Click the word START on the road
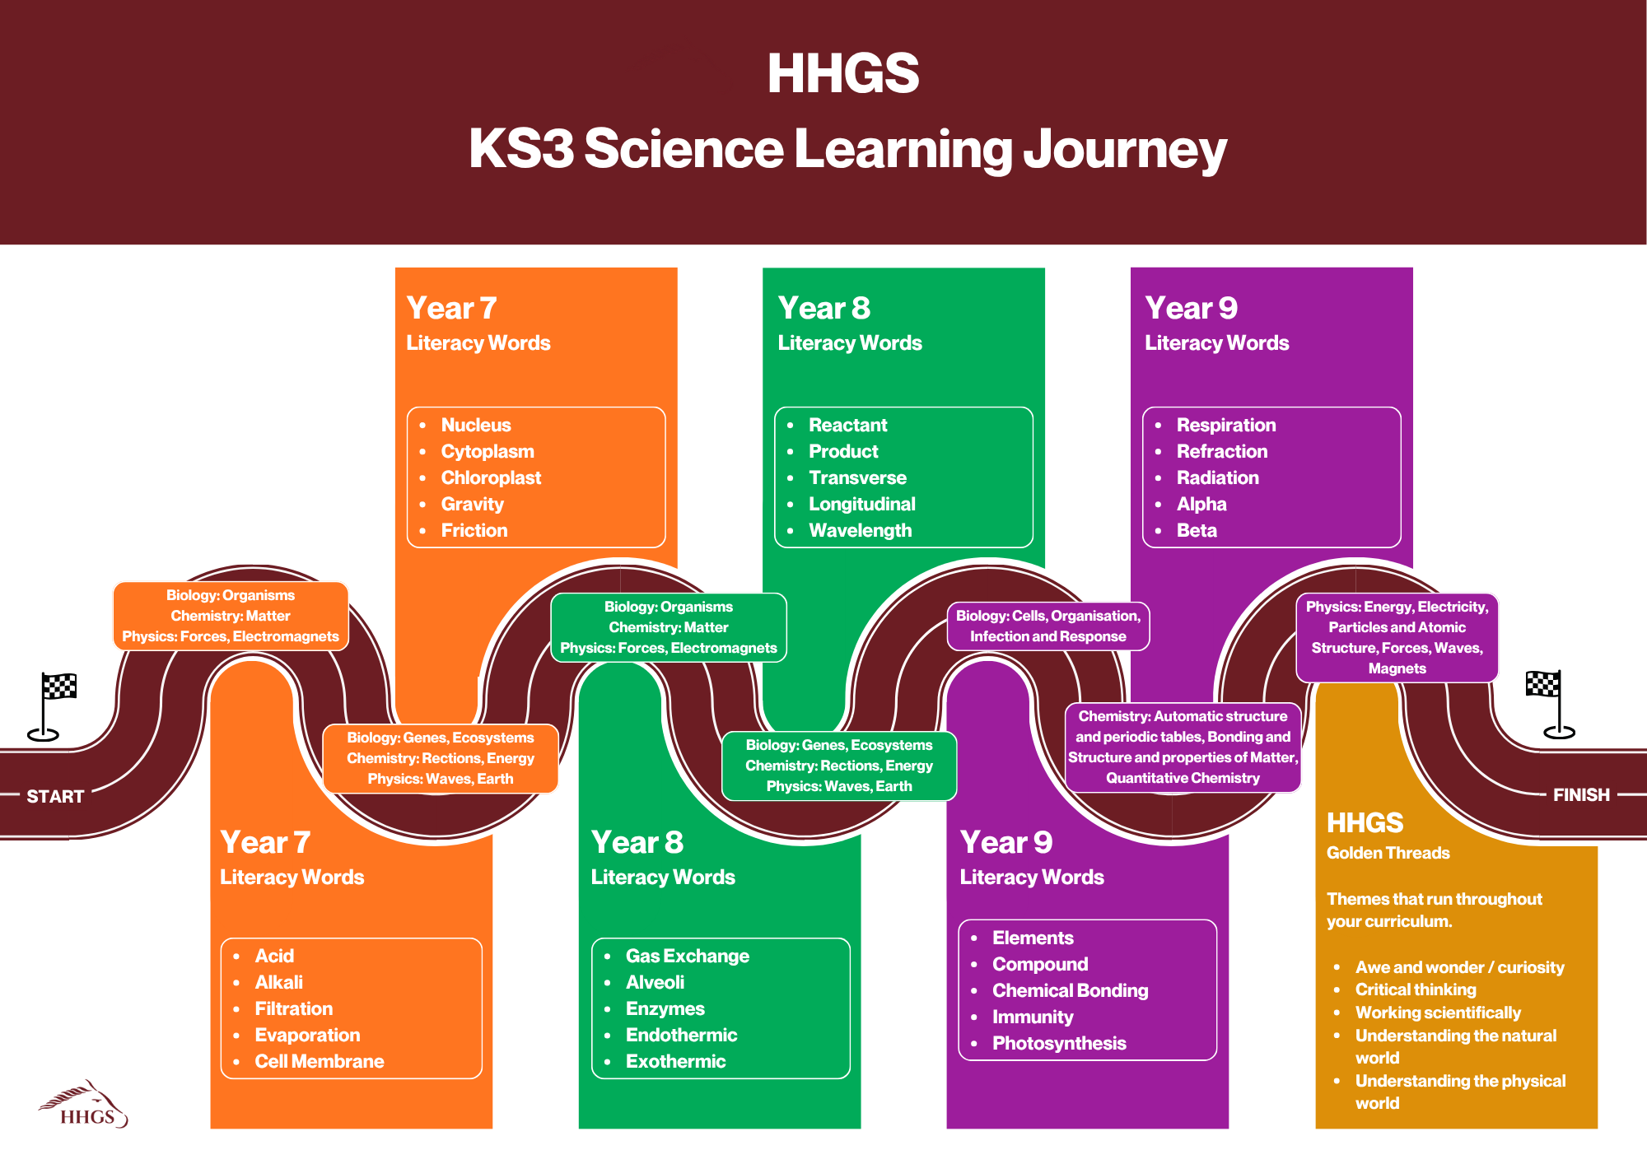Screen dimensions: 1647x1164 [x=55, y=796]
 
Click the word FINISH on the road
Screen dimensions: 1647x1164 [x=1581, y=794]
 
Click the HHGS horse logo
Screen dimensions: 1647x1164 [x=84, y=1104]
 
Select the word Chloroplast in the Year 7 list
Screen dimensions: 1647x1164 [x=491, y=477]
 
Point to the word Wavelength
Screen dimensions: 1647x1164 [x=860, y=530]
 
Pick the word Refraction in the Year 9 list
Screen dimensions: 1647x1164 [x=1222, y=451]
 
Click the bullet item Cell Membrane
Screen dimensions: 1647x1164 [x=320, y=1061]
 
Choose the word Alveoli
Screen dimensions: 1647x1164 [x=655, y=982]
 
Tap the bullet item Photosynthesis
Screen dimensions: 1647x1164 [x=1059, y=1043]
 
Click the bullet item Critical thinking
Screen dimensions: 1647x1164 [x=1416, y=989]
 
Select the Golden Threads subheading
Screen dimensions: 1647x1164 [x=1388, y=853]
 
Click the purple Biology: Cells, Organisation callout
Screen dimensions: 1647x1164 [x=1048, y=626]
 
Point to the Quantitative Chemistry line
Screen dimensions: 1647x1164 [x=1183, y=778]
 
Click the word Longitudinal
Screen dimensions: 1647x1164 [x=861, y=504]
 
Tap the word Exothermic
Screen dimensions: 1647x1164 [x=675, y=1061]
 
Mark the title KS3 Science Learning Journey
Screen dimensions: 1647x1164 [x=847, y=149]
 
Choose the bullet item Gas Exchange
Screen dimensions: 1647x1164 [x=688, y=956]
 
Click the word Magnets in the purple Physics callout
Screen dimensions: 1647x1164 [x=1397, y=668]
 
